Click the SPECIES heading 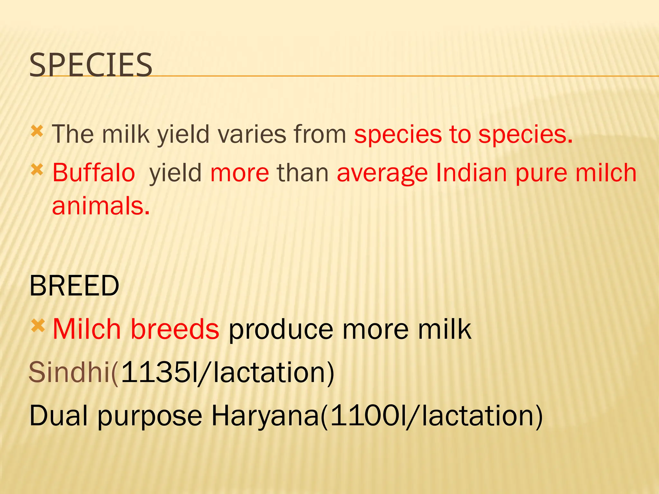coord(91,65)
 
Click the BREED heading coord(74,286)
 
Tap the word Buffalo coord(94,173)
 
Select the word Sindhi coord(70,372)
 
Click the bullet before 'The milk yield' coord(37,132)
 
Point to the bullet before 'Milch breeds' coord(38,326)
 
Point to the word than coord(303,173)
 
